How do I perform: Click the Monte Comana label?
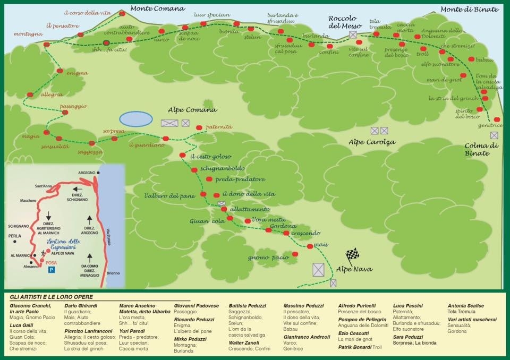pos(158,8)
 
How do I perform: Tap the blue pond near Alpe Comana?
pos(135,118)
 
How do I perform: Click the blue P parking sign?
pos(51,270)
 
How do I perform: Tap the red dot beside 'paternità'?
pos(199,127)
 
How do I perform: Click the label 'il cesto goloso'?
pos(211,157)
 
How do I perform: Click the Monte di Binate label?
pos(470,9)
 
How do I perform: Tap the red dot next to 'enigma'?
pos(60,71)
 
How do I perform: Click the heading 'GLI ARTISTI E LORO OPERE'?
pos(51,297)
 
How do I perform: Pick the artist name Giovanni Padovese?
pos(196,306)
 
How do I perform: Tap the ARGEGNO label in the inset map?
pos(86,173)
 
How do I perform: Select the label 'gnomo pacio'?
pos(268,258)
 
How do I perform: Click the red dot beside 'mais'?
pos(310,246)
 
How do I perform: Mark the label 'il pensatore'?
pos(62,25)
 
